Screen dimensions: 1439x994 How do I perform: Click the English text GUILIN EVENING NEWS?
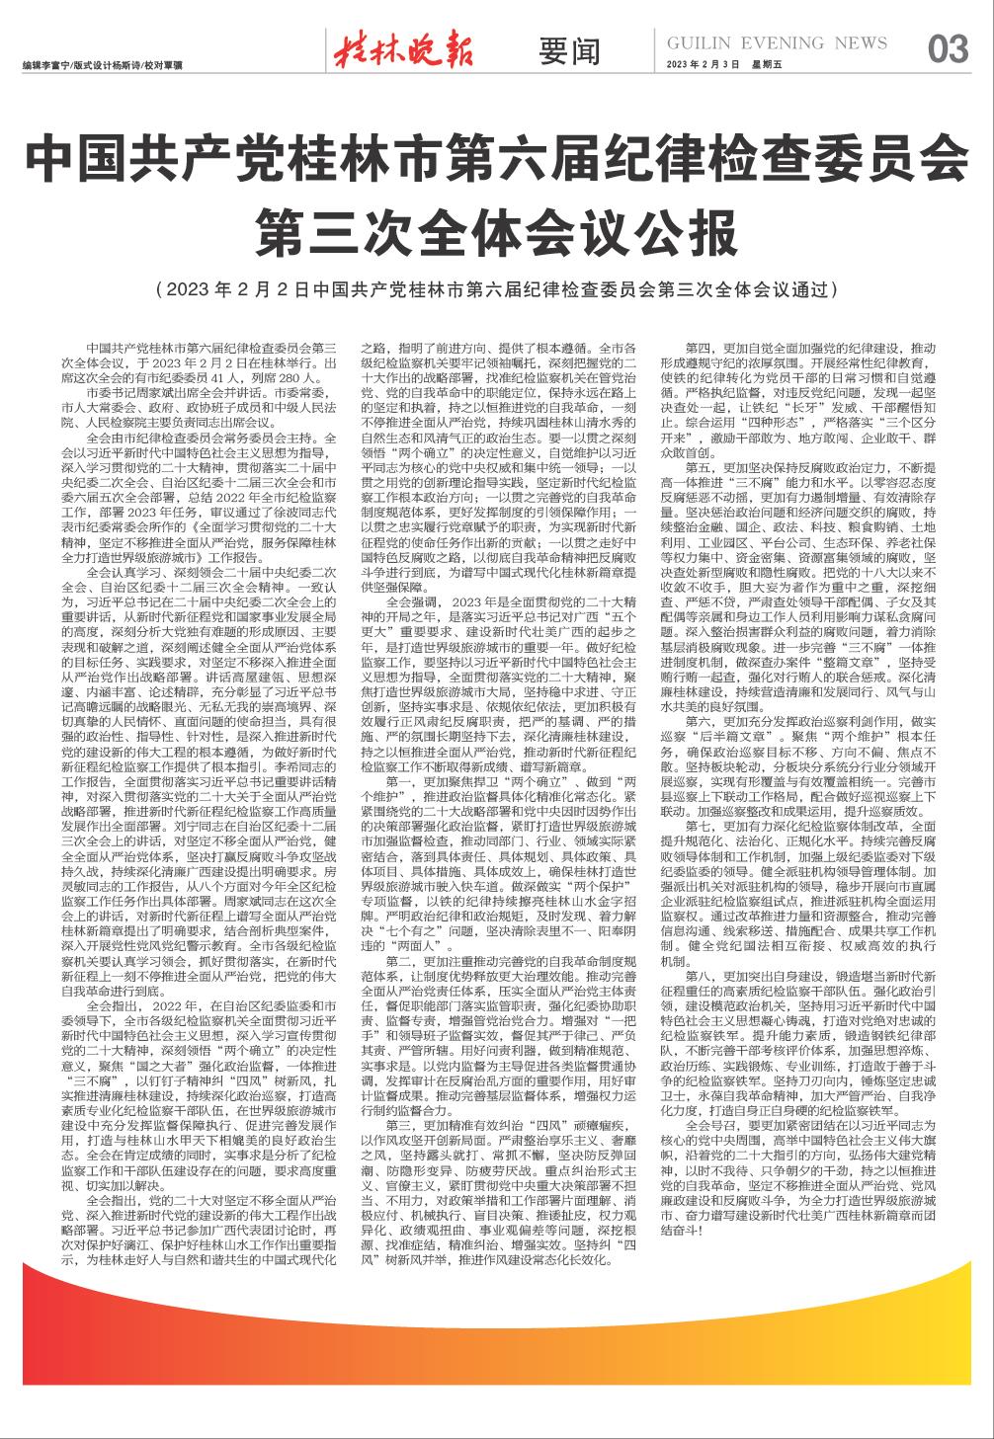pyautogui.click(x=777, y=43)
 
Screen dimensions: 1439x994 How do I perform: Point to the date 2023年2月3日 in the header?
pyautogui.click(x=704, y=64)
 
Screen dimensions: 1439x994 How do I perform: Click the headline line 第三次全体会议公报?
pyautogui.click(x=496, y=231)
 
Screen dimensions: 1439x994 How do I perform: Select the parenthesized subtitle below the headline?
pyautogui.click(x=496, y=291)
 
